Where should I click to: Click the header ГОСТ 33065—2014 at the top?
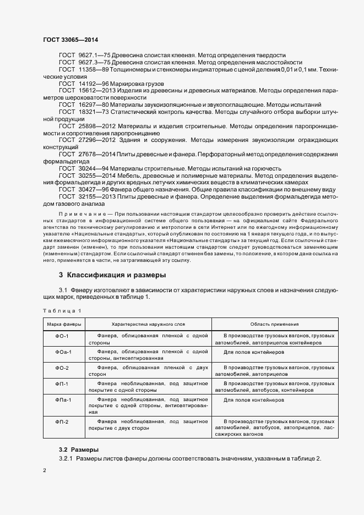click(x=70, y=40)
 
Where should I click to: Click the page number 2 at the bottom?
click(x=45, y=471)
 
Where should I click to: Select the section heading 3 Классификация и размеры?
click(x=112, y=275)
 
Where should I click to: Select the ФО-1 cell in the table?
click(x=62, y=335)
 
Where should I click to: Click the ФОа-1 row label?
click(x=63, y=351)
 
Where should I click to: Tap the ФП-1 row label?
click(x=62, y=382)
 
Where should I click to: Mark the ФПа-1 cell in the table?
click(x=63, y=398)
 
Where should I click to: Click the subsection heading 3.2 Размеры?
click(x=79, y=450)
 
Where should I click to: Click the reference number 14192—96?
click(x=94, y=82)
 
